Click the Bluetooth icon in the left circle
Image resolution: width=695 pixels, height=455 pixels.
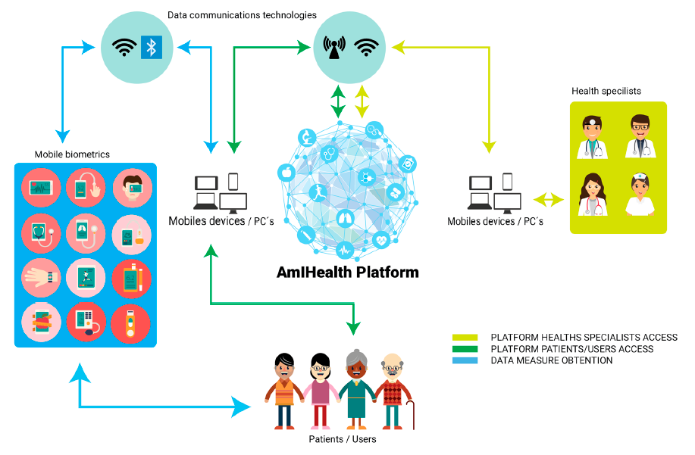(151, 48)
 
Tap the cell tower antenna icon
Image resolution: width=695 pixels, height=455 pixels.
(334, 48)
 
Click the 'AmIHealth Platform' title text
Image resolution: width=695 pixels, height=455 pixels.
(347, 272)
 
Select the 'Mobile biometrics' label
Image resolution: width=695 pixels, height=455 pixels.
(72, 154)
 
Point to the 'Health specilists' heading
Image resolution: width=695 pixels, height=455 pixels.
(606, 91)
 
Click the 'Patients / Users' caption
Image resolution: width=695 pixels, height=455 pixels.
(342, 439)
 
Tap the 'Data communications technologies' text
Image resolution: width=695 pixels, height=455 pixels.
(242, 15)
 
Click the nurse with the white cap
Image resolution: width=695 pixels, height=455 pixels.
(640, 195)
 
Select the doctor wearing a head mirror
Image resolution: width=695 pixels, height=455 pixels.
(592, 137)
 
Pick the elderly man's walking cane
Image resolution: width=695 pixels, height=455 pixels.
(411, 414)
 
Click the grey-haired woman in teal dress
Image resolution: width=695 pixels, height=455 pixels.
(356, 389)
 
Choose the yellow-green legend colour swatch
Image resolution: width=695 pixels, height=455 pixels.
(465, 337)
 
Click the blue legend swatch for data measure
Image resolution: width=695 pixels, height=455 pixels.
(465, 360)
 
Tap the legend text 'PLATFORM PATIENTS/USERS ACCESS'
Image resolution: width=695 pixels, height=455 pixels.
(571, 349)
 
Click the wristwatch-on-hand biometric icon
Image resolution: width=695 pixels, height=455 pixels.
(41, 278)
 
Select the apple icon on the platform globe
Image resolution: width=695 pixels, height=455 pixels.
(286, 172)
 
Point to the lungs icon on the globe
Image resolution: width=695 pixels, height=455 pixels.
(344, 218)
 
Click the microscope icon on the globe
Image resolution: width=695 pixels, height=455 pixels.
(307, 137)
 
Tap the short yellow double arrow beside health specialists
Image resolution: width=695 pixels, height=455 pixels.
(548, 200)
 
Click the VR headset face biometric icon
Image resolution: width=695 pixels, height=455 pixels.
(132, 188)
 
